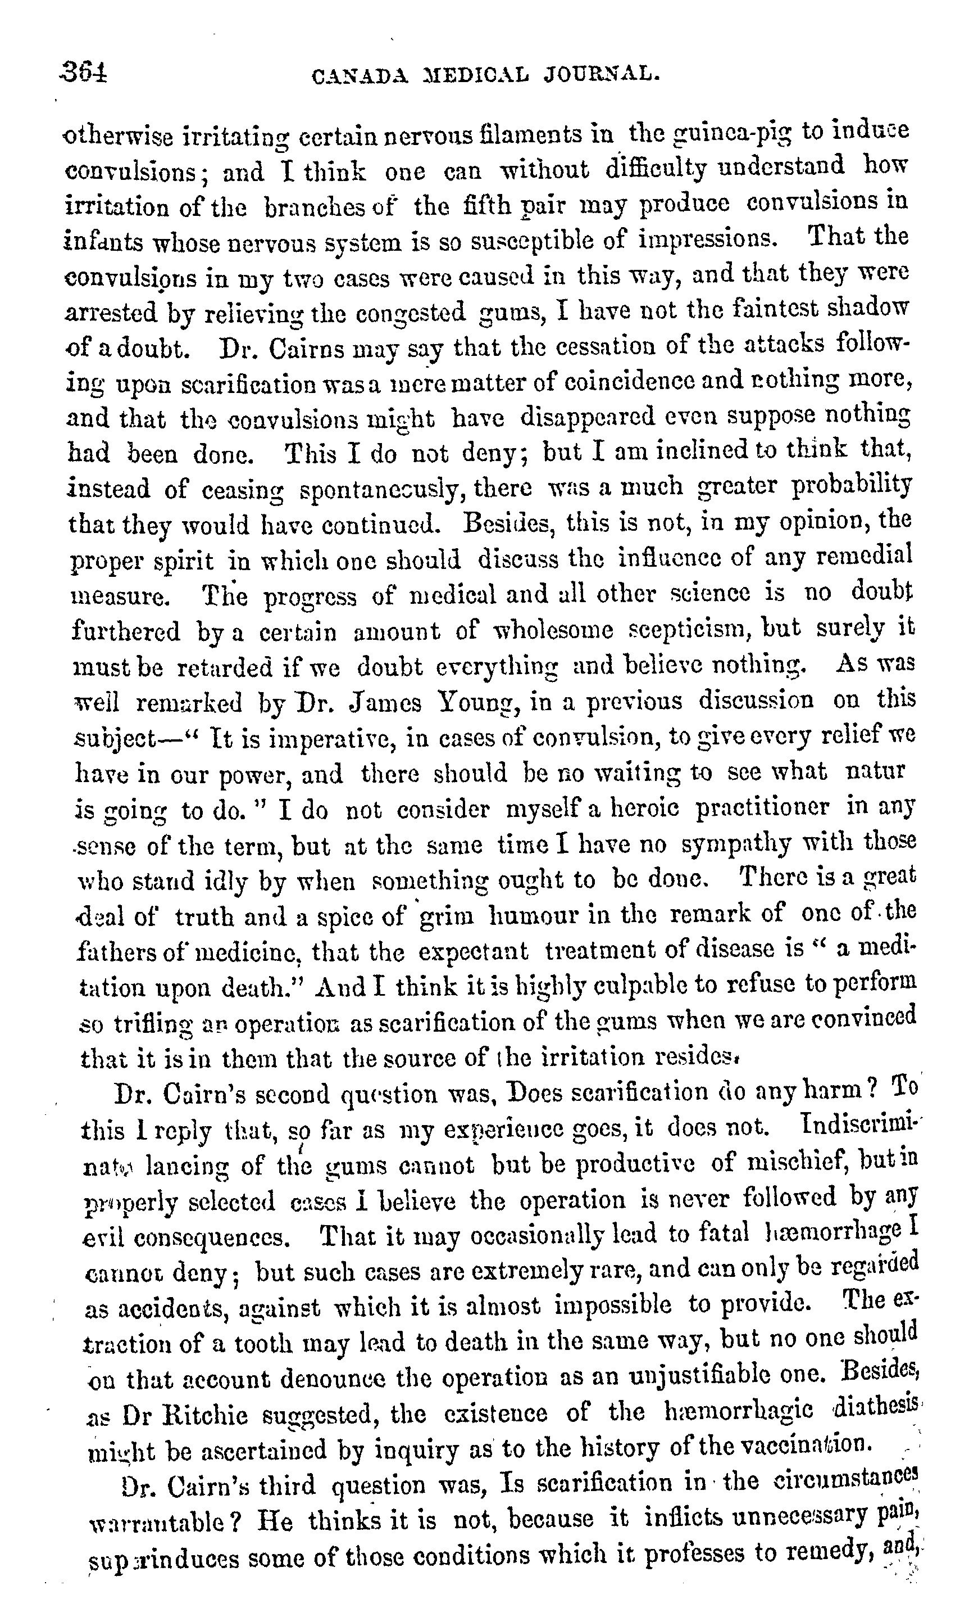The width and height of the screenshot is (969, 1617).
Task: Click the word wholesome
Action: pyautogui.click(x=552, y=630)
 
